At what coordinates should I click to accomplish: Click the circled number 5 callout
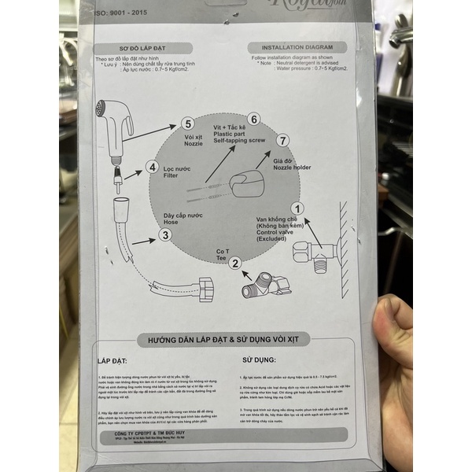pyautogui.click(x=187, y=124)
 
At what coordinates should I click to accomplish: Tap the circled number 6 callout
pyautogui.click(x=254, y=119)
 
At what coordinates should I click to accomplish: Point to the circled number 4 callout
pyautogui.click(x=152, y=167)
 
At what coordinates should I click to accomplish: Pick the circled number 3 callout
pyautogui.click(x=165, y=234)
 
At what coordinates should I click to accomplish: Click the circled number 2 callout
pyautogui.click(x=234, y=264)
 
